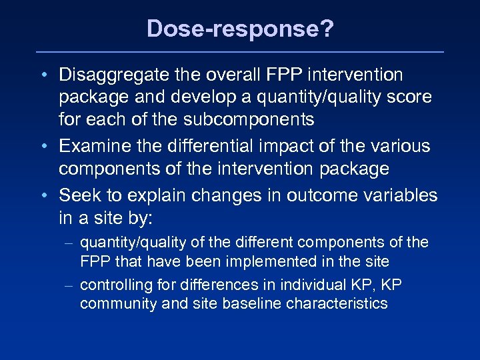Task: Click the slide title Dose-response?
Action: coord(239,28)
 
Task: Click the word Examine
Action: coord(98,145)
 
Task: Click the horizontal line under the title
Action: coord(239,52)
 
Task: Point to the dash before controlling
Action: coord(70,285)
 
